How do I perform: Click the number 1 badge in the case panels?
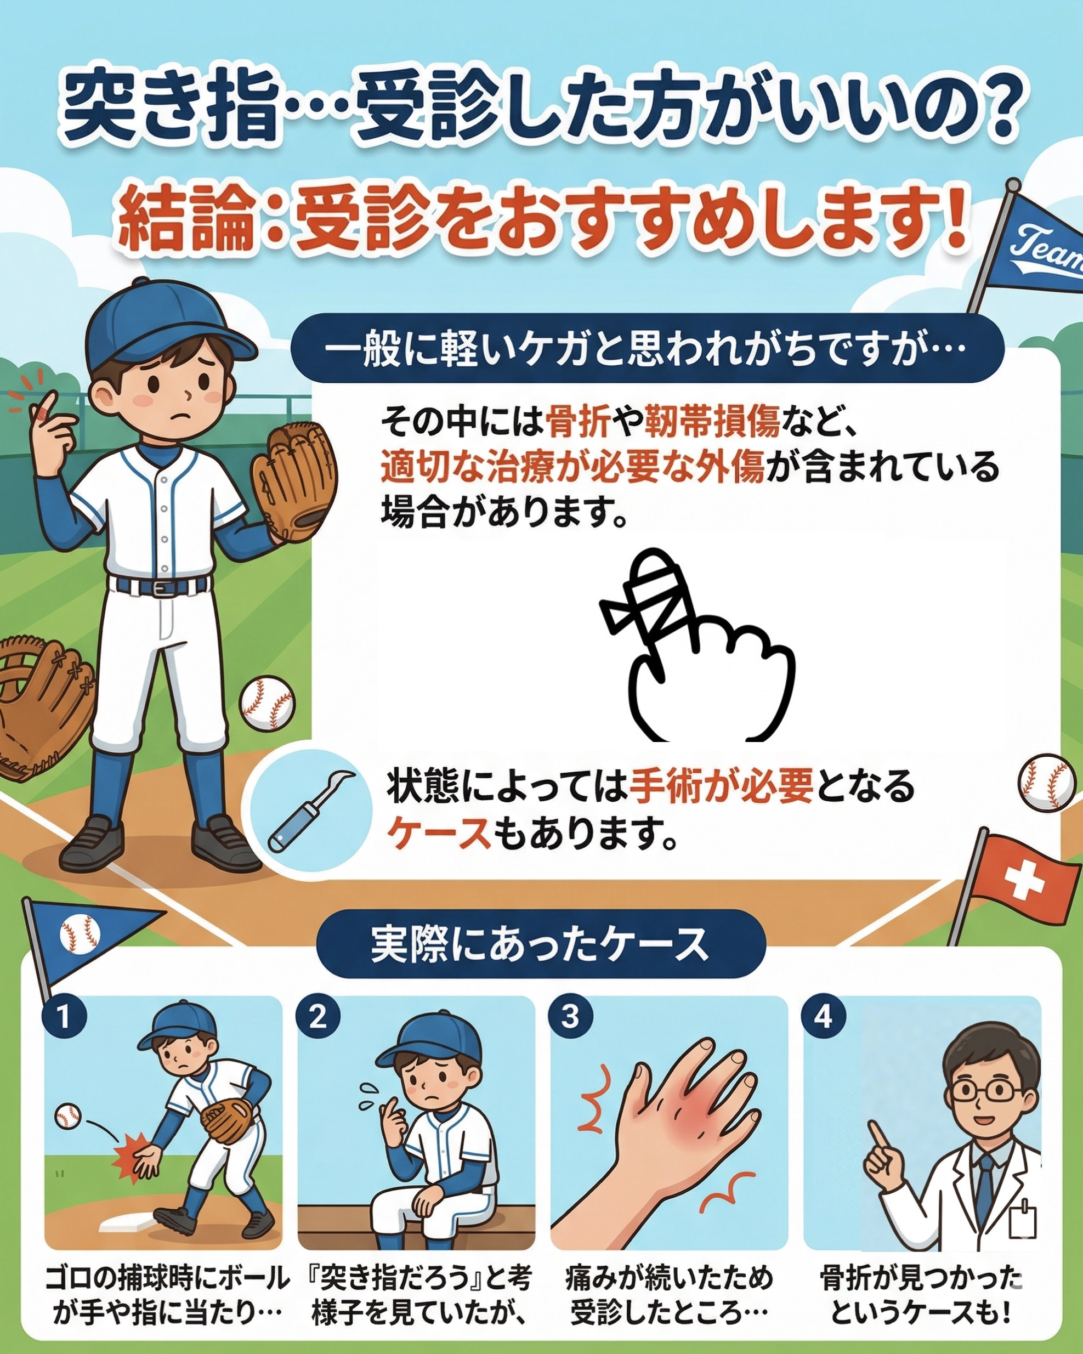pos(64,1016)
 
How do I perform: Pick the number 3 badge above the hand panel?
pos(569,1016)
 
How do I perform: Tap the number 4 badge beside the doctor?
pos(824,1016)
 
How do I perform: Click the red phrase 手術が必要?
pos(722,788)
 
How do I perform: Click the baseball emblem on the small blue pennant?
pos(80,934)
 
